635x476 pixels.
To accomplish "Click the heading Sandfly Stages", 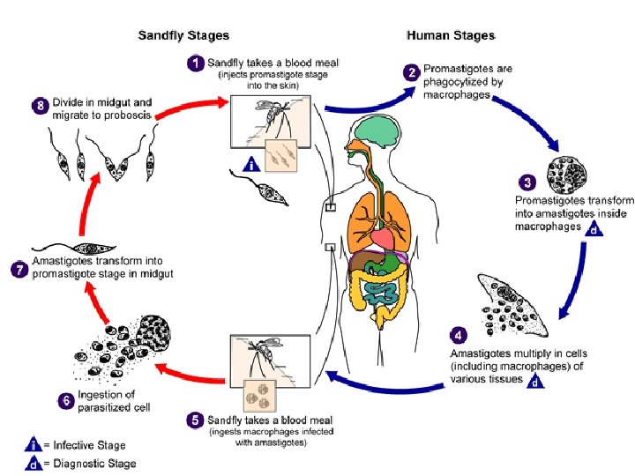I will [183, 36].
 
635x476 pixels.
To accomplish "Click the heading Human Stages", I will [451, 36].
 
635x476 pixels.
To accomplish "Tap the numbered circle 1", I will [197, 63].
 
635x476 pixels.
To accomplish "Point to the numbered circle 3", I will [527, 183].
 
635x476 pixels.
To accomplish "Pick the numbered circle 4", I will [459, 336].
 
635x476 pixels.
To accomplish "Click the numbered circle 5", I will [195, 420].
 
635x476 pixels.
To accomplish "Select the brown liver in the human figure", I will [363, 263].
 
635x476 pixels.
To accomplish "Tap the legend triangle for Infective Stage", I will [33, 446].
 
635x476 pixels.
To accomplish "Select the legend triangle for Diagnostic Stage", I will [33, 464].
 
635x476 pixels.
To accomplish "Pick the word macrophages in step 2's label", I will [456, 94].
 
